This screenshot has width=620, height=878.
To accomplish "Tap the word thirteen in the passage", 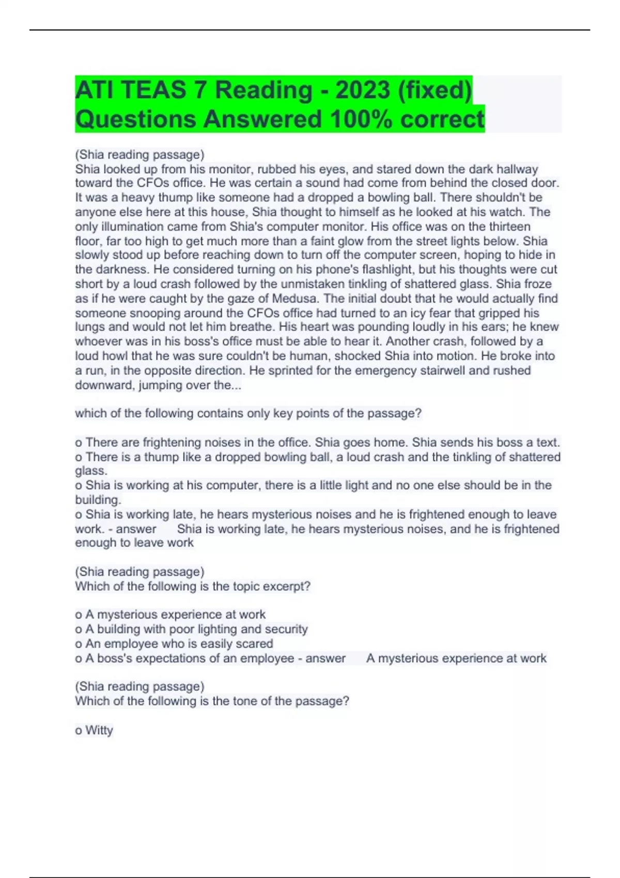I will click(507, 227).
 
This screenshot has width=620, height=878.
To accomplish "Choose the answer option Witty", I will click(99, 730).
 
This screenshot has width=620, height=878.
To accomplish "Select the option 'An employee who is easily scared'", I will click(179, 644).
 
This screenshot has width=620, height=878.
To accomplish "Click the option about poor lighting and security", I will click(196, 630).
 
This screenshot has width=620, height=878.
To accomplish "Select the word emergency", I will click(375, 370).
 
